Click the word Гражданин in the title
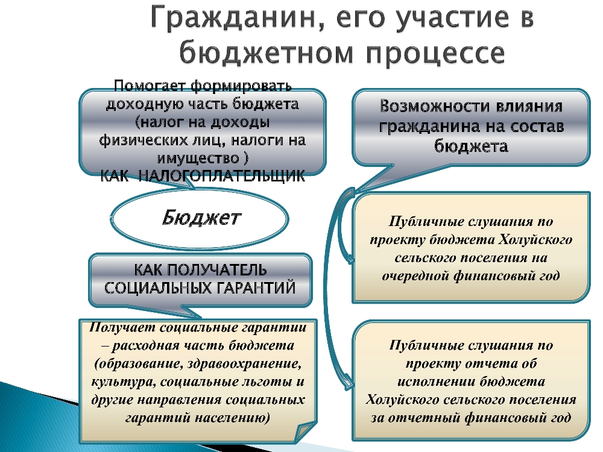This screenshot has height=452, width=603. click(x=235, y=18)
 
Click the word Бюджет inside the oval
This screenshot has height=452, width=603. click(x=201, y=218)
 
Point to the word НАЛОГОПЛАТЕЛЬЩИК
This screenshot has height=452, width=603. click(x=221, y=177)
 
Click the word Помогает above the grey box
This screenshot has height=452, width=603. click(x=150, y=86)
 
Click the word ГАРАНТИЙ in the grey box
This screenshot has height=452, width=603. click(x=251, y=288)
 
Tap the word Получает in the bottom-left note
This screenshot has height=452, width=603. click(x=122, y=327)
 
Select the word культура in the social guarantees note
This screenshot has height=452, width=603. click(x=123, y=382)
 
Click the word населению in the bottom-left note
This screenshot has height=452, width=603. click(x=233, y=418)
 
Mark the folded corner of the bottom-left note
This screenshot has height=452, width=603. click(x=306, y=432)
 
